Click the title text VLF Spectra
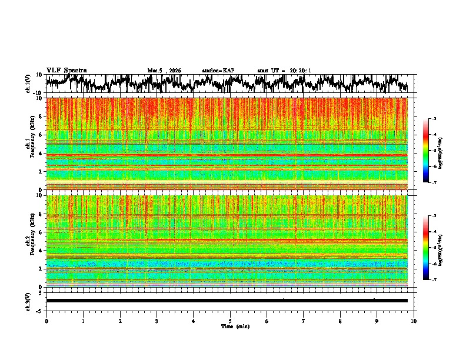tap(66, 70)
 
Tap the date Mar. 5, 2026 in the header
tap(164, 71)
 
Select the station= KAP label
tap(218, 71)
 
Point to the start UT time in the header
tap(284, 71)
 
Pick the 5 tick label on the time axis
tap(230, 321)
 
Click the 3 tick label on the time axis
tap(157, 321)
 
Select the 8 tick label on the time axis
tap(340, 321)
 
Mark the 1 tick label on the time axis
tap(83, 321)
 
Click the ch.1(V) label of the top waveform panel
tap(29, 84)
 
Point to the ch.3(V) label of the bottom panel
tap(29, 301)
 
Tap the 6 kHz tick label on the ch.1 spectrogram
tap(41, 135)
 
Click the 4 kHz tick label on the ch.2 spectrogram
tap(41, 250)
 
